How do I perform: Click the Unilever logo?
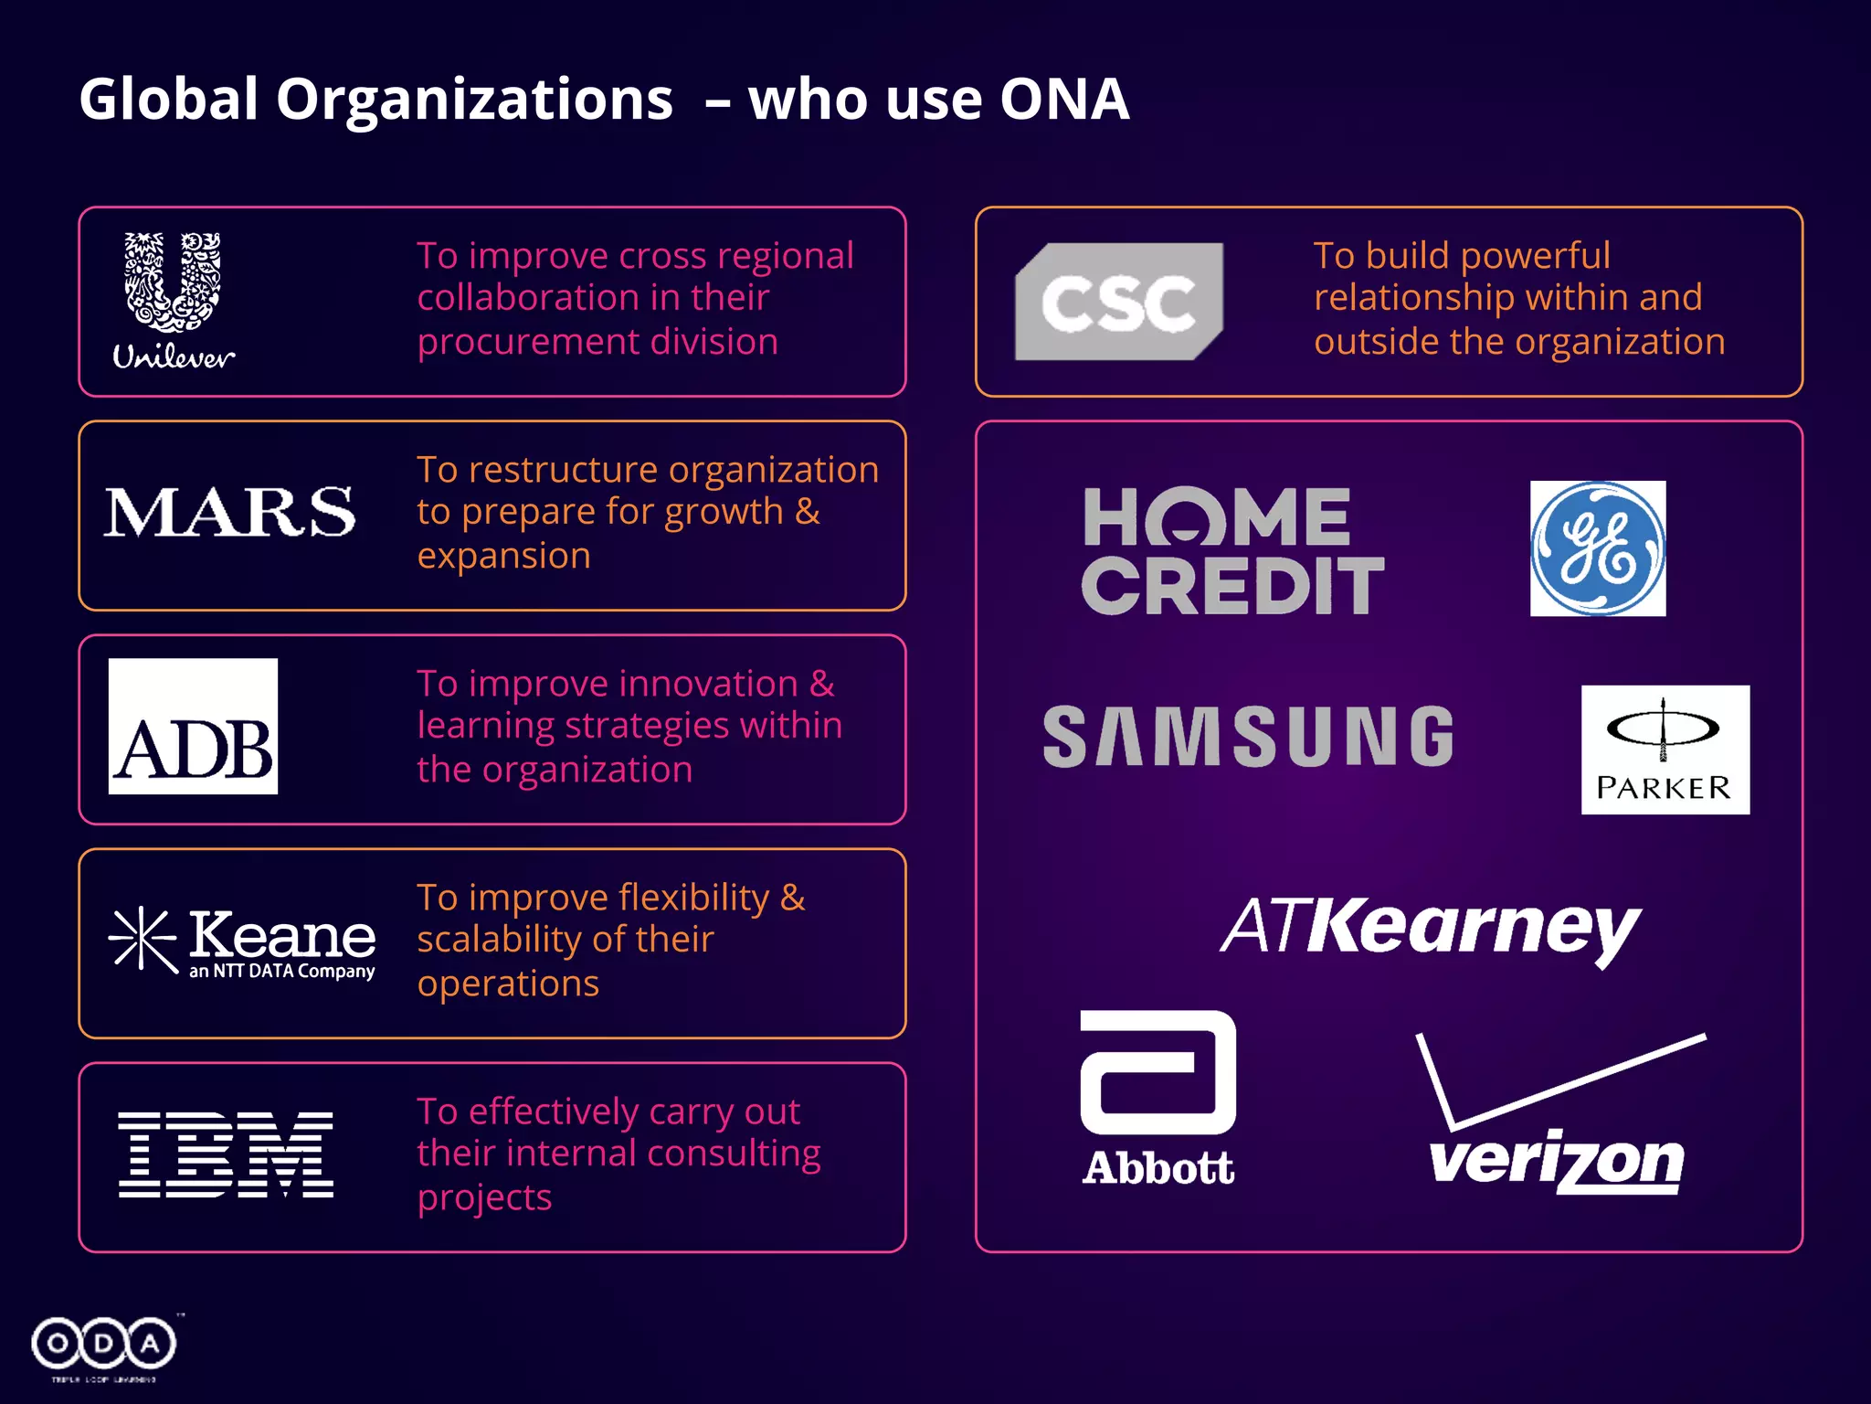point(174,300)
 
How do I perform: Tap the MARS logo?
point(229,513)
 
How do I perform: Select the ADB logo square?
point(193,727)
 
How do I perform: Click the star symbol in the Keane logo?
point(142,939)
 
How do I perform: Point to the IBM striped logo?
point(226,1155)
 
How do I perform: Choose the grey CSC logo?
point(1119,302)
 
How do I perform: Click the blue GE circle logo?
point(1598,548)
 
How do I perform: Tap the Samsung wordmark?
point(1248,737)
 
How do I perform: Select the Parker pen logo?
point(1665,750)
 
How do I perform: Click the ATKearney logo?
point(1431,929)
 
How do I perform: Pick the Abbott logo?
point(1158,1097)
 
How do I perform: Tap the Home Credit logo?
point(1232,551)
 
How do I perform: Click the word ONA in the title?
point(1064,99)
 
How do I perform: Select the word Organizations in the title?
point(474,101)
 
